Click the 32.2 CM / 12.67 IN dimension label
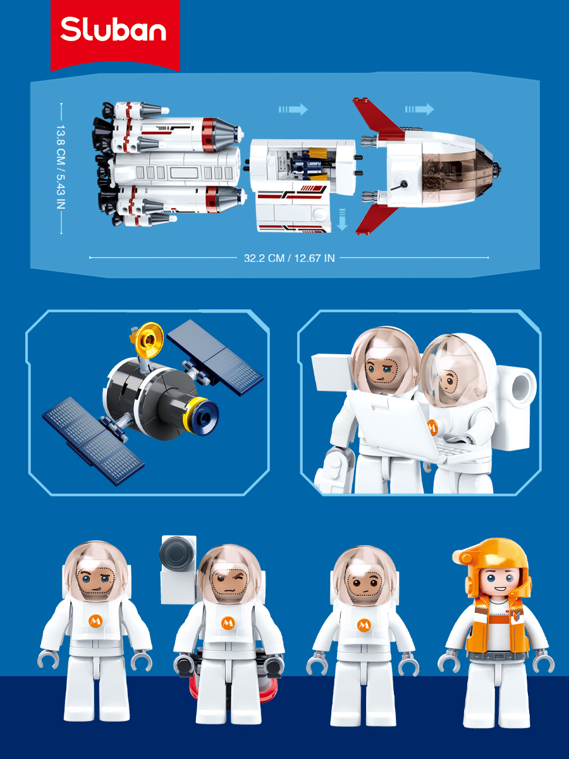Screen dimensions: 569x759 point(289,258)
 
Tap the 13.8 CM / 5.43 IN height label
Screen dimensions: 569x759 point(61,167)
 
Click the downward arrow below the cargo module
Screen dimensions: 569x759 point(342,219)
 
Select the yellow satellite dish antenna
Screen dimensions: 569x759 point(148,340)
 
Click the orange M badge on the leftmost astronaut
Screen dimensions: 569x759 point(95,621)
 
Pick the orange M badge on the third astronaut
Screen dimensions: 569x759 point(364,624)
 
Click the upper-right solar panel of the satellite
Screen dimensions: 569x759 point(215,357)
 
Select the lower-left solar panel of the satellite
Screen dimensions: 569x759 point(94,440)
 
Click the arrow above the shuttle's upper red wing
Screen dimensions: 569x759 point(419,109)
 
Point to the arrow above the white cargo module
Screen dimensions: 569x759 point(293,109)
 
